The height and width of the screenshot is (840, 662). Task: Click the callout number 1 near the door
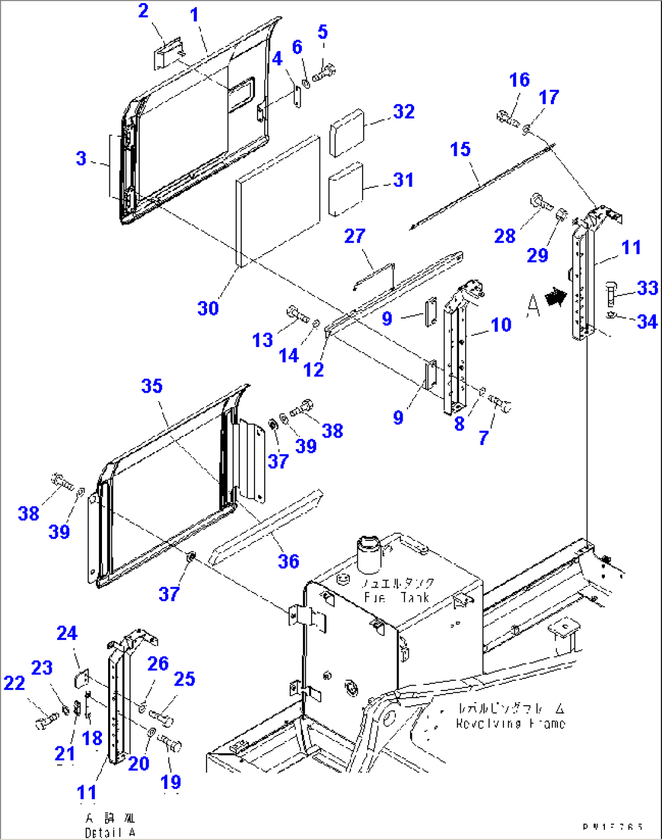(194, 15)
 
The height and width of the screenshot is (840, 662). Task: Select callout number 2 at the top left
(143, 11)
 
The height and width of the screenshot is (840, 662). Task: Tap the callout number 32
(404, 111)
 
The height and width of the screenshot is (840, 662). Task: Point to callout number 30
(208, 308)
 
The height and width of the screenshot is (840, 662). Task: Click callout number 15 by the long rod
(460, 149)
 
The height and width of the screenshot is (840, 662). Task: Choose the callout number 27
(355, 236)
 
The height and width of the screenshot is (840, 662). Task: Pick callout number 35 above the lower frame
(152, 386)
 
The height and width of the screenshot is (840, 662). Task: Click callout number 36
(288, 561)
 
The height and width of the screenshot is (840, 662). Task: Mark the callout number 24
(67, 633)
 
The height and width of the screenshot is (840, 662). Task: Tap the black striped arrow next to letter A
(555, 297)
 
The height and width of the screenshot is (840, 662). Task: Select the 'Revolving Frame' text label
(510, 723)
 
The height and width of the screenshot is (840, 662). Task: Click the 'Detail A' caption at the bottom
(110, 833)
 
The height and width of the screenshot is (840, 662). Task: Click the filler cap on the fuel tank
(369, 554)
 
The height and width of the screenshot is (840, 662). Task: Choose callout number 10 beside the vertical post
(501, 325)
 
